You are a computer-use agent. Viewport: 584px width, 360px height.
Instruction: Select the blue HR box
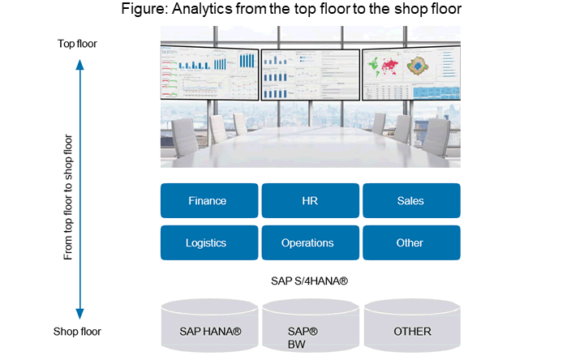click(310, 201)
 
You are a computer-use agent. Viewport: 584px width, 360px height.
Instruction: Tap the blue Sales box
click(410, 201)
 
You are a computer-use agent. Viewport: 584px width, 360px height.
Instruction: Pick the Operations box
click(310, 242)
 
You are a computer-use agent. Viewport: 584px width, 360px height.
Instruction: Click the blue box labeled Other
click(410, 242)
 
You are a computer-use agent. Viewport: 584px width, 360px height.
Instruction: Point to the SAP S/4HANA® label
click(310, 281)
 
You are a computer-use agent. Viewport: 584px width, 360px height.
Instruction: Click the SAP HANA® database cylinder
click(209, 329)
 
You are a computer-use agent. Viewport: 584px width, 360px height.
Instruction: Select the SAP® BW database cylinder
click(310, 329)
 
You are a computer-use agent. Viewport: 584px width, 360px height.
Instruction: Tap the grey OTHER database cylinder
click(412, 329)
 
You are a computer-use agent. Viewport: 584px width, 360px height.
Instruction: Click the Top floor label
click(78, 43)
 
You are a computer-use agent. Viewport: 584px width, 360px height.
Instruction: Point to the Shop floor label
click(78, 331)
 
